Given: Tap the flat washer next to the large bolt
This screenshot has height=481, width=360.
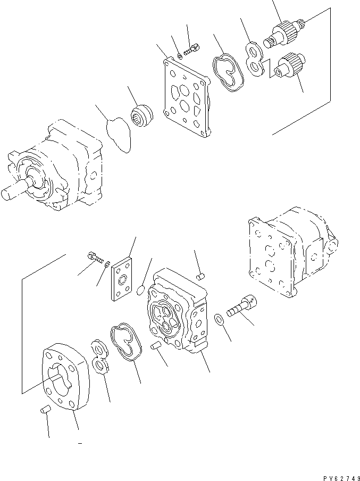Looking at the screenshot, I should point(220,319).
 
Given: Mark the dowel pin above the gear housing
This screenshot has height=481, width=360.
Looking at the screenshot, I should point(200,276).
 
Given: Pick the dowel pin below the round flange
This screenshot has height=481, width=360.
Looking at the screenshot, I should point(45,410).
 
